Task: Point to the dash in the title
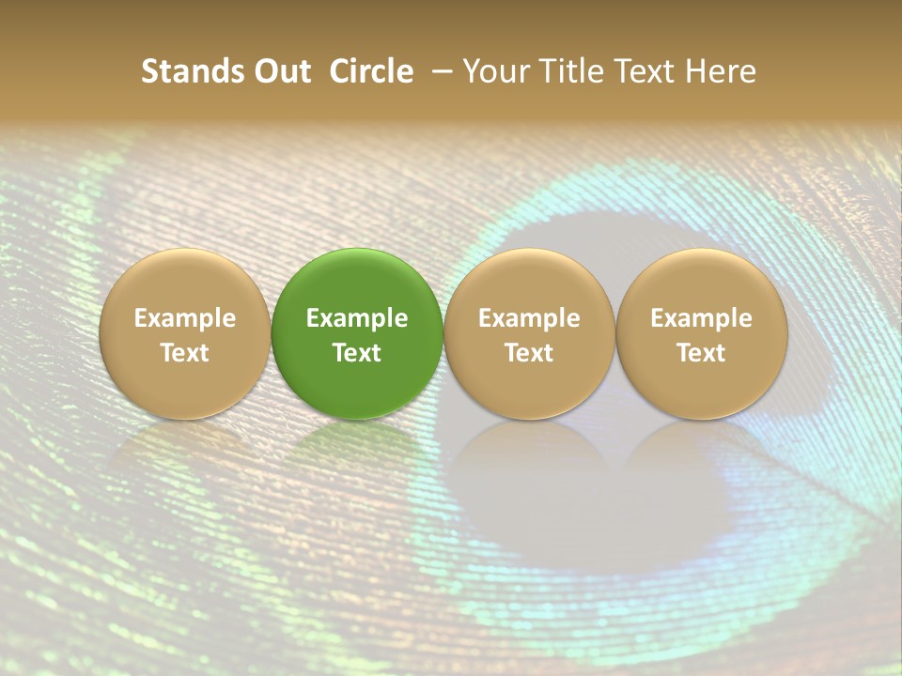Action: pyautogui.click(x=440, y=72)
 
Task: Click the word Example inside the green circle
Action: pyautogui.click(x=357, y=318)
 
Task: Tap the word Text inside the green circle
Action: pyautogui.click(x=357, y=353)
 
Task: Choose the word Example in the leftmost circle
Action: pyautogui.click(x=184, y=318)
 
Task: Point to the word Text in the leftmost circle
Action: pyautogui.click(x=184, y=353)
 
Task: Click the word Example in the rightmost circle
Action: pyautogui.click(x=701, y=318)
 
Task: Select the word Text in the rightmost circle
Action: pyautogui.click(x=701, y=353)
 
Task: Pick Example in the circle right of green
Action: pyautogui.click(x=529, y=318)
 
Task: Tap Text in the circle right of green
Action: pyautogui.click(x=529, y=353)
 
